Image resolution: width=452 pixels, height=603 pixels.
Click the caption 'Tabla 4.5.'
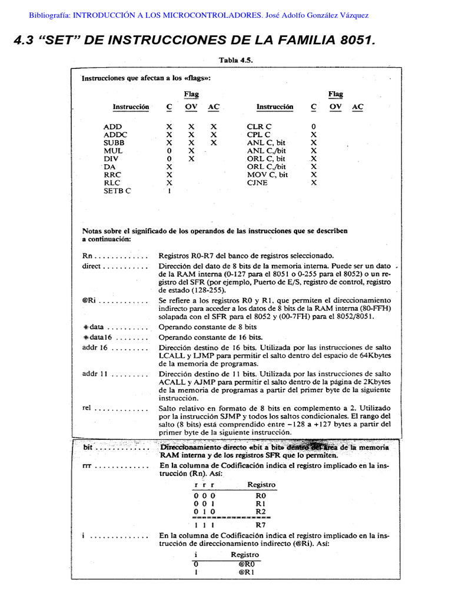(235, 60)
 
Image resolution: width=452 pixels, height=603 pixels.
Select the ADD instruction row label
(112, 127)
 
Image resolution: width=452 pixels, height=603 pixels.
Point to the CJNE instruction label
(258, 183)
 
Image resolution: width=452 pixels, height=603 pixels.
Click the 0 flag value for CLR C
(314, 127)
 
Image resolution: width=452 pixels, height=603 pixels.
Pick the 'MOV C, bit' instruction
(268, 175)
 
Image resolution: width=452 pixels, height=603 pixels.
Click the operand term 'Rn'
(88, 256)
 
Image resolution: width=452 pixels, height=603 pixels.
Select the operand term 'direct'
(93, 266)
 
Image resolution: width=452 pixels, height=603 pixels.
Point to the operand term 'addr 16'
(95, 348)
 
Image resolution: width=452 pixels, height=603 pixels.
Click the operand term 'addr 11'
(94, 374)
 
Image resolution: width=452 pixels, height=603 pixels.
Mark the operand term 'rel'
(87, 407)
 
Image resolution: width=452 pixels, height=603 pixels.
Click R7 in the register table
(261, 524)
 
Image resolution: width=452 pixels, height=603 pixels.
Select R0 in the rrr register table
(261, 496)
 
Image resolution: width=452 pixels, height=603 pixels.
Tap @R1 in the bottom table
(245, 572)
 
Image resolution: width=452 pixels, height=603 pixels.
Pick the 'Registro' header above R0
(262, 485)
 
